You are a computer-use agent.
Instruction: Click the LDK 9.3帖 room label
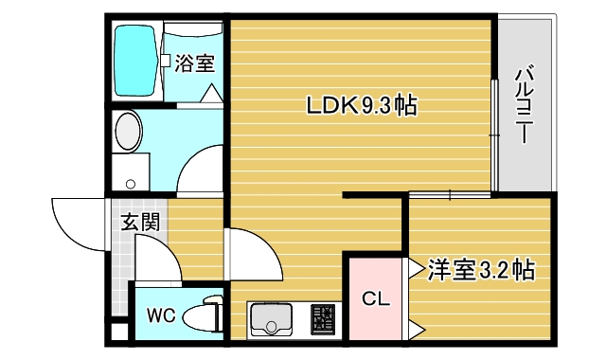point(361,106)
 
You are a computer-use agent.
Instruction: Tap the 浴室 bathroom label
point(194,64)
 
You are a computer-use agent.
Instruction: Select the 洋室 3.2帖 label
point(480,269)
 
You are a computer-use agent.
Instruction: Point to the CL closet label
point(376,299)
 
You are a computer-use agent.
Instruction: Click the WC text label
point(158,314)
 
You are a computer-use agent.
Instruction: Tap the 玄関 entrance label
point(139,224)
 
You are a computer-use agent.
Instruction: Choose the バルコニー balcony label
point(523,104)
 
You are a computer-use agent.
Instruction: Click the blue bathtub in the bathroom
point(136,62)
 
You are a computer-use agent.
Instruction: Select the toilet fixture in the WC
point(201,315)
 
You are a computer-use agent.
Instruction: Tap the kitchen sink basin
point(276,321)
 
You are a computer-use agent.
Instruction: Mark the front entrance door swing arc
point(76,223)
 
